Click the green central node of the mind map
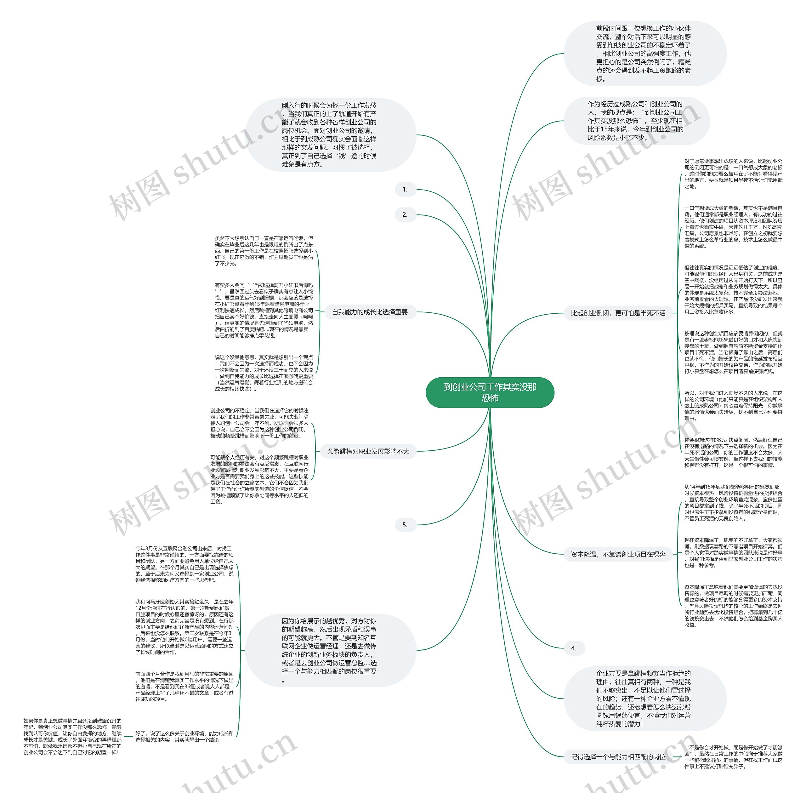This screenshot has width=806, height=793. tap(490, 392)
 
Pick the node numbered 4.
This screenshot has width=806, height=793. tap(574, 648)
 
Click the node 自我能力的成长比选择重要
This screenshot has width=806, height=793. tap(370, 312)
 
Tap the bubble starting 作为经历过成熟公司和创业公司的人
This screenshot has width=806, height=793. tap(636, 121)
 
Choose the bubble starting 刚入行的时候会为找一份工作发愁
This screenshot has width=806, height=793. tap(330, 135)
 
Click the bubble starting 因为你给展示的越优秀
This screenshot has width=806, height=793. tap(330, 650)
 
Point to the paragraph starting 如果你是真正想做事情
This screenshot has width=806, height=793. tap(72, 736)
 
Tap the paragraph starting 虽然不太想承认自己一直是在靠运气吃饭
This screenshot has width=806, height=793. tap(264, 251)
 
